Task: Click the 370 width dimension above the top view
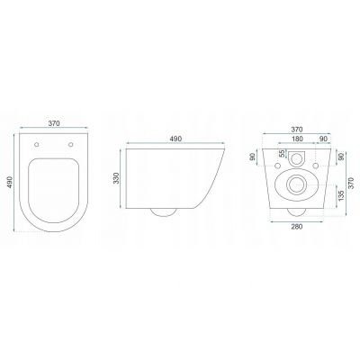point(54,123)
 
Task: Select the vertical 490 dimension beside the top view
point(10,183)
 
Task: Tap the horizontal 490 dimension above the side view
point(175,139)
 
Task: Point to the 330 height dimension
point(116,178)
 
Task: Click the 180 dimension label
point(297,139)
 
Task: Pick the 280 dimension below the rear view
point(297,227)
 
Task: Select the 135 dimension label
point(341,195)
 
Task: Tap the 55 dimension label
point(282,154)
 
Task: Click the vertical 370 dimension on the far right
point(352,183)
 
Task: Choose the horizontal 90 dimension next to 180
point(323,139)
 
